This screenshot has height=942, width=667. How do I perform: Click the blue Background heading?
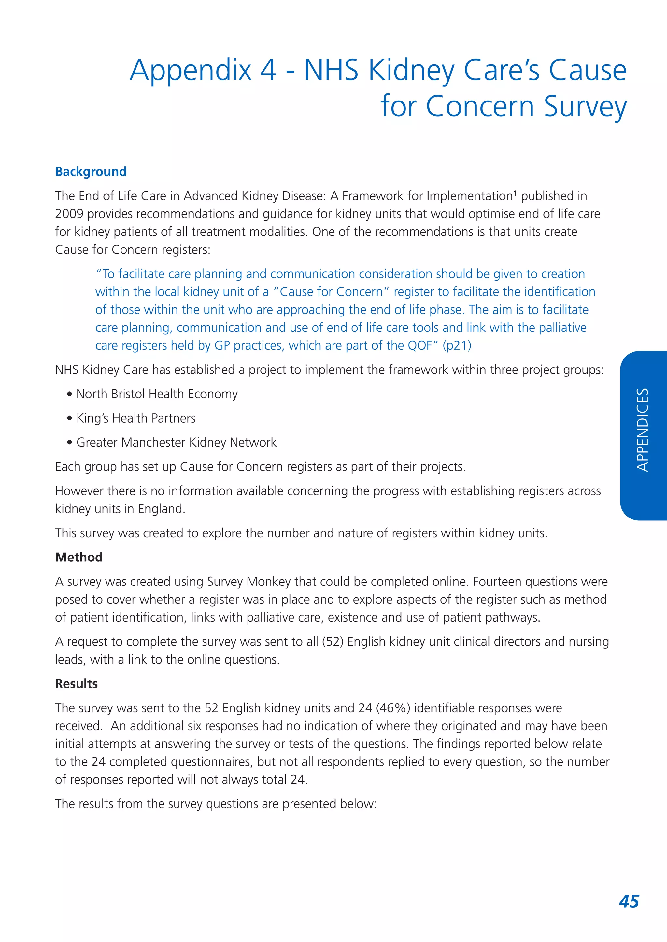91,171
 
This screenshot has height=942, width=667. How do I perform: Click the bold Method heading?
79,557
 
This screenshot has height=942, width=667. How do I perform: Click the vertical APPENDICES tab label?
642,430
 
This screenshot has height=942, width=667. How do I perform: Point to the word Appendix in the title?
191,70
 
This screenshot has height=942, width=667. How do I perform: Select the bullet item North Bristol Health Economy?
157,394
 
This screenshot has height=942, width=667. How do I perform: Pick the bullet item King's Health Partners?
136,418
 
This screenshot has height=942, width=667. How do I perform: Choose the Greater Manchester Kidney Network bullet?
176,442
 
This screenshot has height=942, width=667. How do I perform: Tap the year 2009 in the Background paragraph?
69,214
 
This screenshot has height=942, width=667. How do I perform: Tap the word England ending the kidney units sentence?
161,509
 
